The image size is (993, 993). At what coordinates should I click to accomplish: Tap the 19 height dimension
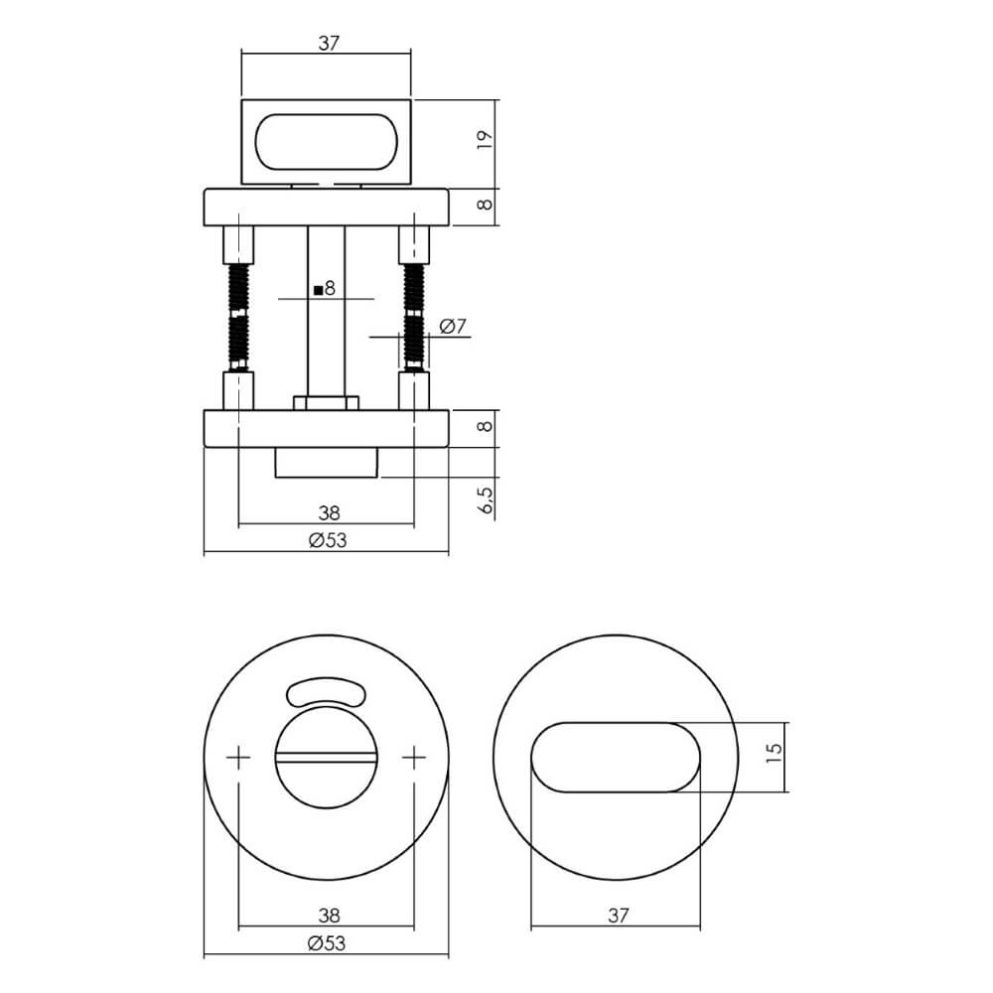[484, 139]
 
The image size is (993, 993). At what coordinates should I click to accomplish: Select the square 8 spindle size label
[325, 289]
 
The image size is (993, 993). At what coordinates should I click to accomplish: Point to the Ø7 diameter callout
[452, 326]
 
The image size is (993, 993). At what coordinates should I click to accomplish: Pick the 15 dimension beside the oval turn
[776, 757]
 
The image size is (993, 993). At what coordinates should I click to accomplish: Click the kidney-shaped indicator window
[326, 693]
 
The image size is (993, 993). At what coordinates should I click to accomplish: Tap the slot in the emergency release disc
[326, 760]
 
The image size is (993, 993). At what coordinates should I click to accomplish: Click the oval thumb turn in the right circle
[616, 757]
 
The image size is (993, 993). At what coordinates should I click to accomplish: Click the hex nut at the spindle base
[326, 402]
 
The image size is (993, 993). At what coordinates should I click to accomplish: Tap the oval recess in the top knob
[328, 142]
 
